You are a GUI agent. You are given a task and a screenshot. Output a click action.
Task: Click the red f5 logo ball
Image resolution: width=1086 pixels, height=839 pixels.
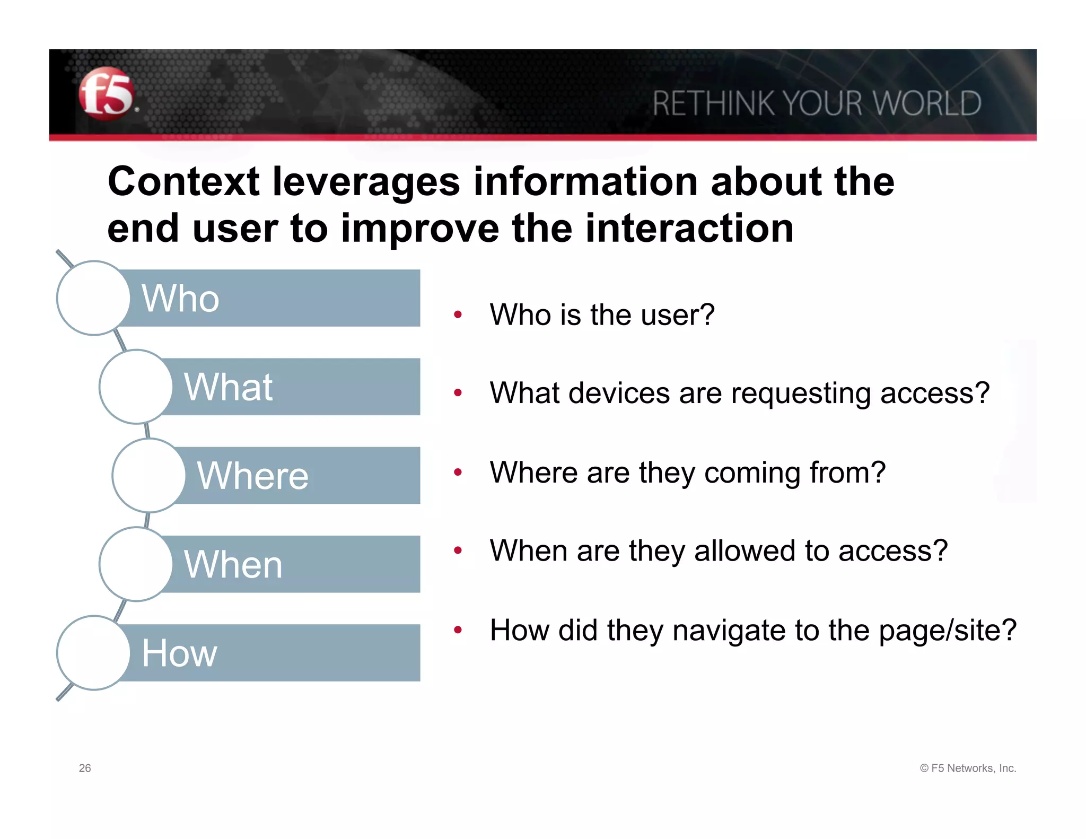[106, 94]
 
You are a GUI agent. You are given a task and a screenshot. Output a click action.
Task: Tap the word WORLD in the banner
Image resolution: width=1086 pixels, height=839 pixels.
[927, 103]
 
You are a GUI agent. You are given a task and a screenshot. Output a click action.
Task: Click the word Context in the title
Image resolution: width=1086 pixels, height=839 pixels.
[183, 182]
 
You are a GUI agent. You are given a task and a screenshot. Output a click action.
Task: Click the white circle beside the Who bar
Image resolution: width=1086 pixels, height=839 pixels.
[93, 298]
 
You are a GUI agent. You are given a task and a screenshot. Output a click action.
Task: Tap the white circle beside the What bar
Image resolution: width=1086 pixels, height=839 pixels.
[136, 387]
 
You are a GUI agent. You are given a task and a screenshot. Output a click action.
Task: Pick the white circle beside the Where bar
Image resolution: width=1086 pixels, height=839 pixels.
[149, 475]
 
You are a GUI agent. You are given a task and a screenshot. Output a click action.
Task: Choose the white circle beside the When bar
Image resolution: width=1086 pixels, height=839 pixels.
[136, 564]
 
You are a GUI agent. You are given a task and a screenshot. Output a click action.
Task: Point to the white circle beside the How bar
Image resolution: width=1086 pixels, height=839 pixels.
[93, 652]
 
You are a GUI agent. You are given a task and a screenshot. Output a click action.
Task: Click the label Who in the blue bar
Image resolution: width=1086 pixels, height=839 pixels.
[180, 298]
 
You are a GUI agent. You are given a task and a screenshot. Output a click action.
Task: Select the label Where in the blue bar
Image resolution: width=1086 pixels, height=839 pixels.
[252, 475]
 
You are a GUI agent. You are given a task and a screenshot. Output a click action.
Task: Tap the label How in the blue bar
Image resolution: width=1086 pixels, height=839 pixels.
[179, 652]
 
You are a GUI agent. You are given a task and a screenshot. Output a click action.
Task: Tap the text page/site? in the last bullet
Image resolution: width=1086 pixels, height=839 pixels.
[947, 631]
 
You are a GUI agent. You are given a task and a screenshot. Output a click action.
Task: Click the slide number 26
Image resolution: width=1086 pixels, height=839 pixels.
[85, 768]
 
